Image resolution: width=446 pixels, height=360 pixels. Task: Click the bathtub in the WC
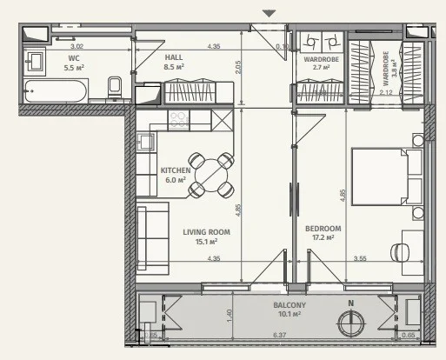pyautogui.click(x=56, y=91)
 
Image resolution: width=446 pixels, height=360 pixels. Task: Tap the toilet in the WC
pyautogui.click(x=115, y=88)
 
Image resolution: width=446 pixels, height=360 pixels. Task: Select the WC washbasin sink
pyautogui.click(x=35, y=62)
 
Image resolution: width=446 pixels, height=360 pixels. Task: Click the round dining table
pyautogui.click(x=211, y=176)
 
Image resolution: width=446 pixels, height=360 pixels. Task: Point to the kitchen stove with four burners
pyautogui.click(x=178, y=120)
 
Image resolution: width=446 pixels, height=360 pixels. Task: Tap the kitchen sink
pyautogui.click(x=145, y=142)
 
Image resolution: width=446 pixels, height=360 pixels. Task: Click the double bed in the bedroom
pyautogui.click(x=387, y=177)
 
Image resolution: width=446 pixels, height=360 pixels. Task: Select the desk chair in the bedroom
pyautogui.click(x=400, y=252)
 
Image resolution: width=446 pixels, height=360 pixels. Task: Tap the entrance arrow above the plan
pyautogui.click(x=269, y=13)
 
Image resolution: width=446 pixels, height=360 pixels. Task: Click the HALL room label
pyautogui.click(x=174, y=57)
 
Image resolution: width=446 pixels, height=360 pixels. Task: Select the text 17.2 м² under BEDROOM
pyautogui.click(x=323, y=237)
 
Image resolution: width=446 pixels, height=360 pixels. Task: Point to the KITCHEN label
pyautogui.click(x=176, y=170)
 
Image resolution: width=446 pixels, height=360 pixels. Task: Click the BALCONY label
pyautogui.click(x=290, y=305)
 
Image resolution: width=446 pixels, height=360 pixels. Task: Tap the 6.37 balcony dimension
pyautogui.click(x=280, y=335)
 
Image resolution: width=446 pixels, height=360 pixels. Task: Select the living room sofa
pyautogui.click(x=152, y=238)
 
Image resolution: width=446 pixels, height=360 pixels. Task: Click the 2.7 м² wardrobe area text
pyautogui.click(x=321, y=67)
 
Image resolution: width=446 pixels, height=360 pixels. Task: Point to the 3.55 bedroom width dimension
pyautogui.click(x=360, y=258)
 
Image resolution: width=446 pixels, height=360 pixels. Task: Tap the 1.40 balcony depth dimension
pyautogui.click(x=230, y=316)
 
